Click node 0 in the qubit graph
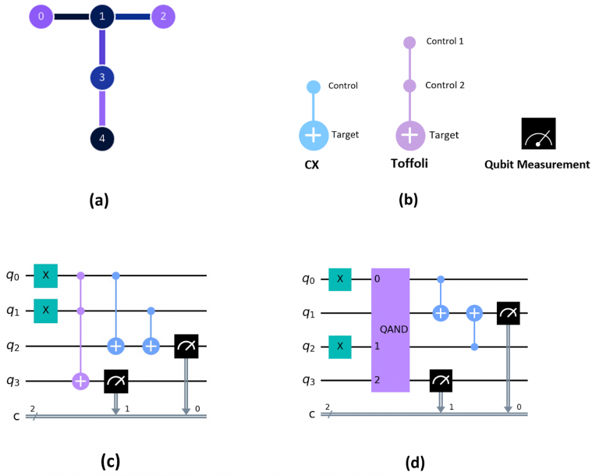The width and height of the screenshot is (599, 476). (x=41, y=16)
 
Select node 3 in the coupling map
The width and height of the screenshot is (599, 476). (x=102, y=77)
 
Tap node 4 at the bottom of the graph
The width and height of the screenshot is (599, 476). (x=102, y=138)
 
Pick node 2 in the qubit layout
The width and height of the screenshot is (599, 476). (x=163, y=16)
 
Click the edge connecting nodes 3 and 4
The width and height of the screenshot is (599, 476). (x=102, y=108)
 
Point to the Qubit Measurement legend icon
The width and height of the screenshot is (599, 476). (x=539, y=133)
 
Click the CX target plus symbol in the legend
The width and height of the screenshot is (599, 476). (x=314, y=135)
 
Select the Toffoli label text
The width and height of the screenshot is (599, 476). (x=409, y=164)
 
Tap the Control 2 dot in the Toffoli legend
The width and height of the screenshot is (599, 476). (x=409, y=86)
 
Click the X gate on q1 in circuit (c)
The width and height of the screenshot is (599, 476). (x=45, y=311)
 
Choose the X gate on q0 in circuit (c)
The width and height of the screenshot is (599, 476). (x=45, y=275)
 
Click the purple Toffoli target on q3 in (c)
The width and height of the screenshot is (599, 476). (x=80, y=381)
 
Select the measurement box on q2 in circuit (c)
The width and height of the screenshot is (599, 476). (x=186, y=346)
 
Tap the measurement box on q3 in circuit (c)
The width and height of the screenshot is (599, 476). (x=116, y=381)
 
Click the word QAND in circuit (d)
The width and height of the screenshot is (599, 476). (x=394, y=329)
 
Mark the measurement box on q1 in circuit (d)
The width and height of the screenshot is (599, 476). (x=508, y=313)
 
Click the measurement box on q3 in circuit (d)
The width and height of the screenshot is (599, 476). (x=441, y=381)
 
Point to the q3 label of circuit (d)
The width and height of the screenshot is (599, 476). (x=309, y=380)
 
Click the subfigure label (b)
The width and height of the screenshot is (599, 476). (x=409, y=200)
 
